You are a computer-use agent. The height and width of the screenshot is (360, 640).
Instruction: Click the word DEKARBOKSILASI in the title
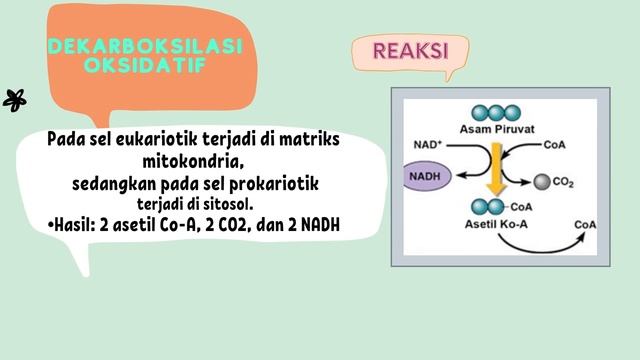[145, 47]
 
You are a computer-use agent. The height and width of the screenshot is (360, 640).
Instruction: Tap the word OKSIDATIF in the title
[145, 65]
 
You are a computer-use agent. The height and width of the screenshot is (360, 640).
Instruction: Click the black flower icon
[15, 99]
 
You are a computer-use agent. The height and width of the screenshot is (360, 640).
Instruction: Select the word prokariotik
[268, 183]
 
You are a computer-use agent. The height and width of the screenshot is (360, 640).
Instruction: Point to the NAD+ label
[427, 145]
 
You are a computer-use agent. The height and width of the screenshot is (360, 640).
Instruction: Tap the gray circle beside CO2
[540, 182]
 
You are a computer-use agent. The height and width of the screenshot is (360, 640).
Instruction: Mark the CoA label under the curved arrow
[585, 225]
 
